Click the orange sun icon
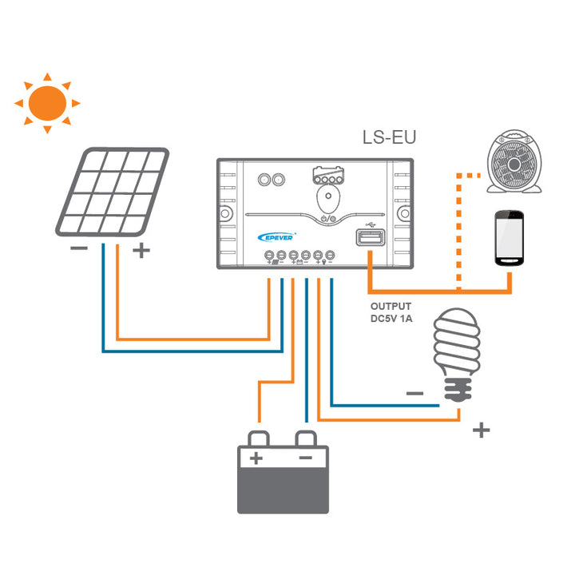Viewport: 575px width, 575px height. tap(46, 102)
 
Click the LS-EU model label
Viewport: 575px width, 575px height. tap(390, 137)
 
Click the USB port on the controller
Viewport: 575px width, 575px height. tap(370, 239)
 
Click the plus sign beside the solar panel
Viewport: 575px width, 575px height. tap(141, 251)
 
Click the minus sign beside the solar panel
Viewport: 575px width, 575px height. tap(79, 248)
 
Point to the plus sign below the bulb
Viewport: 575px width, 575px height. tap(480, 430)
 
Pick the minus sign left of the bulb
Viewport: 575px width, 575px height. tap(414, 393)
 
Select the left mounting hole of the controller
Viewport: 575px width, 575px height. tap(225, 215)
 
